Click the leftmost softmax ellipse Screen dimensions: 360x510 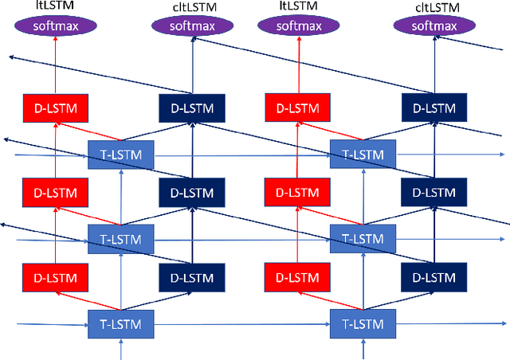pyautogui.click(x=55, y=25)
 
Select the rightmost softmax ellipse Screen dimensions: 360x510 pyautogui.click(x=434, y=25)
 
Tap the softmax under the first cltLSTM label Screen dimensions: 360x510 pyautogui.click(x=191, y=25)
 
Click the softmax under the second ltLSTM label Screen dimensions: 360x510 pyautogui.click(x=298, y=25)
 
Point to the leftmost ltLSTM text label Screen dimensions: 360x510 pyautogui.click(x=55, y=6)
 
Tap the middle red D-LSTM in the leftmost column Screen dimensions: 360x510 pyautogui.click(x=55, y=192)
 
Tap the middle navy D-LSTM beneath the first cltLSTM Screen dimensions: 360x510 pyautogui.click(x=192, y=192)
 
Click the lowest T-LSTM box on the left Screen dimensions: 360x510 pyautogui.click(x=120, y=324)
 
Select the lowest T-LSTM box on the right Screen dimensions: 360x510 pyautogui.click(x=363, y=324)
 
